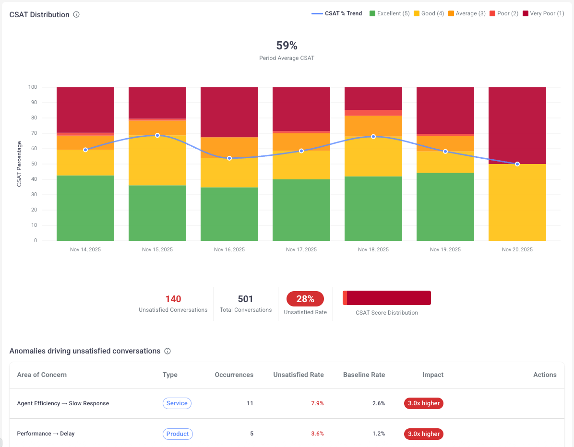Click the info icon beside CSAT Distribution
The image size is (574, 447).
pyautogui.click(x=76, y=14)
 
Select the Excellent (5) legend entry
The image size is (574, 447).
pyautogui.click(x=389, y=13)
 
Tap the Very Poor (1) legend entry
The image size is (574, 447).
pyautogui.click(x=543, y=13)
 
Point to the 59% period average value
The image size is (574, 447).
pyautogui.click(x=287, y=46)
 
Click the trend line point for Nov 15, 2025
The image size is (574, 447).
pyautogui.click(x=157, y=135)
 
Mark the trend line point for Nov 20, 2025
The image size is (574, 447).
pyautogui.click(x=517, y=164)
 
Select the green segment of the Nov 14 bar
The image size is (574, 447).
pyautogui.click(x=85, y=208)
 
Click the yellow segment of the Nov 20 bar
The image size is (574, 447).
pyautogui.click(x=517, y=202)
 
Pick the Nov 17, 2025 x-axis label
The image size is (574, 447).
pyautogui.click(x=301, y=249)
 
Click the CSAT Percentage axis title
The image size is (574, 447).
pyautogui.click(x=20, y=164)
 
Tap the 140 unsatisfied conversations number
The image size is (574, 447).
pyautogui.click(x=173, y=299)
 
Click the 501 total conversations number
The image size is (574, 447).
pyautogui.click(x=245, y=299)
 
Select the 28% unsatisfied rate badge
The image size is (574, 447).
pyautogui.click(x=305, y=299)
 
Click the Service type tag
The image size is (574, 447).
pyautogui.click(x=177, y=403)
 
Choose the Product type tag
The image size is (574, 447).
pyautogui.click(x=178, y=434)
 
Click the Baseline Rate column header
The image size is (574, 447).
pyautogui.click(x=364, y=375)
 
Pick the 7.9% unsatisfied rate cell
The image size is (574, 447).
pyautogui.click(x=317, y=403)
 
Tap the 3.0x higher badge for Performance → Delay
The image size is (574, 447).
pyautogui.click(x=423, y=434)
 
